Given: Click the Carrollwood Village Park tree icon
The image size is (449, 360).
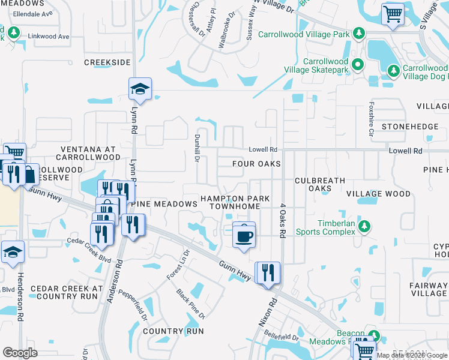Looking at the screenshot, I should (360, 33).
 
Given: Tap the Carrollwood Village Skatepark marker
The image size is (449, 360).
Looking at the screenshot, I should (358, 64).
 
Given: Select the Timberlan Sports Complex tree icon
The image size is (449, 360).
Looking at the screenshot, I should (363, 226).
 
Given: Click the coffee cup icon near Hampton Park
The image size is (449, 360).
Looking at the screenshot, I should (244, 236).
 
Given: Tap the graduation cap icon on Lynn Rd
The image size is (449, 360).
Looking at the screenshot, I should (139, 89).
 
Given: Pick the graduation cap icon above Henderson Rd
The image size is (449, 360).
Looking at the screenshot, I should (12, 253).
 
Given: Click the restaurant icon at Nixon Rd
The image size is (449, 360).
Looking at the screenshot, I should (268, 272).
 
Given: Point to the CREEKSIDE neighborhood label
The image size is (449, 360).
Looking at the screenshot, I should (107, 62).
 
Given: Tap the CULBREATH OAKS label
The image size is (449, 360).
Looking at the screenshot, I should (320, 184).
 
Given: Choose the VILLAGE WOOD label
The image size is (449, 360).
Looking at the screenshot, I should (378, 194).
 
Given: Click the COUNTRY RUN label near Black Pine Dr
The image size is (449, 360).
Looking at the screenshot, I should (173, 331).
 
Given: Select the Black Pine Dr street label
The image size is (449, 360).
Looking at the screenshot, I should (191, 304).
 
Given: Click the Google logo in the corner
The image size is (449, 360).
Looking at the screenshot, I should (20, 353).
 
